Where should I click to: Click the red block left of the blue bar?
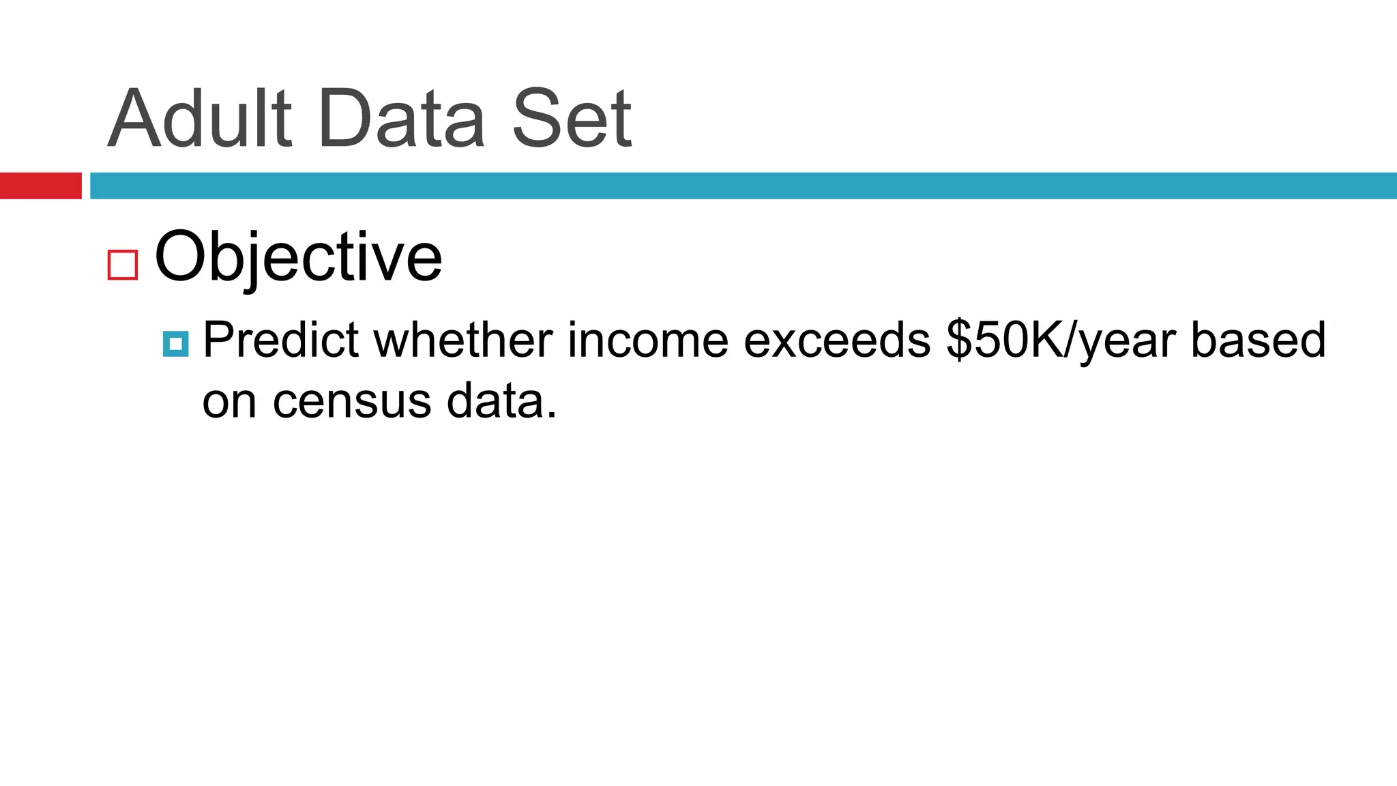[40, 186]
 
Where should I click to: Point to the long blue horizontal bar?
[743, 186]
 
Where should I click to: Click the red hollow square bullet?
[123, 265]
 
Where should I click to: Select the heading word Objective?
[298, 257]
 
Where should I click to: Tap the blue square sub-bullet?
[176, 344]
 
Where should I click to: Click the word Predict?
[280, 340]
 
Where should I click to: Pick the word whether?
[463, 340]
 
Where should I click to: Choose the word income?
[647, 340]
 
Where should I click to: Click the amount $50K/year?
[1061, 341]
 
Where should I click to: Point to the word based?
[1258, 340]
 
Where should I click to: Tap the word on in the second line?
[229, 403]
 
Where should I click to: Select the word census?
[352, 403]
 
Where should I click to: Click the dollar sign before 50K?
[959, 340]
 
